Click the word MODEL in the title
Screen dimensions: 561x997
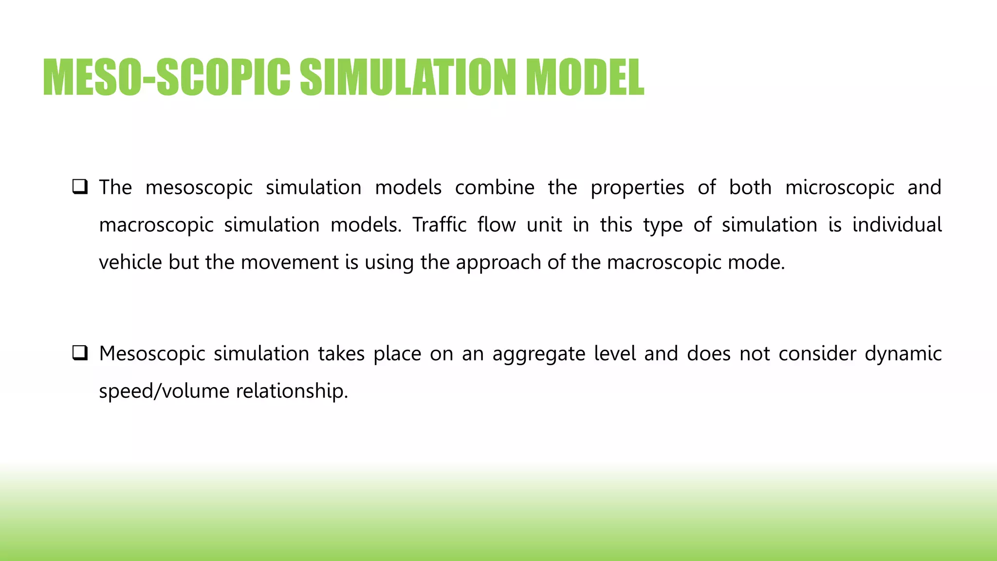[x=585, y=78]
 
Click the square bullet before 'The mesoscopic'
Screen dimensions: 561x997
[x=80, y=187]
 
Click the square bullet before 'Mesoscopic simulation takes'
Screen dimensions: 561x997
[x=80, y=353]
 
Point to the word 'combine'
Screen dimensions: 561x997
[x=495, y=187]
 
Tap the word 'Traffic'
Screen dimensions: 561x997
[x=440, y=225]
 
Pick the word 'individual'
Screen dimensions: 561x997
[x=897, y=225]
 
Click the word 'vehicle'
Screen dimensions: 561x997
[x=130, y=262]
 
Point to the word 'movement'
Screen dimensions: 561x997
[x=290, y=262]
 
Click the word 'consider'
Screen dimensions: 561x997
[x=817, y=354]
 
